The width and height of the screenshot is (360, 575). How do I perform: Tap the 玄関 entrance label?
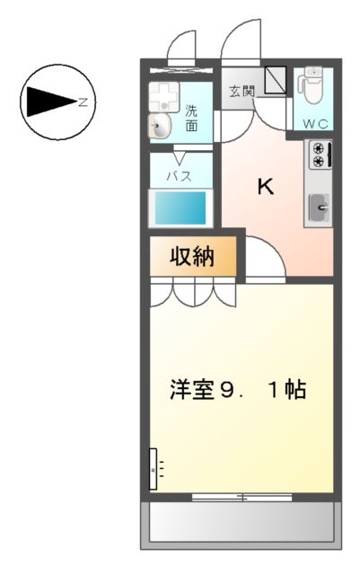(x=240, y=91)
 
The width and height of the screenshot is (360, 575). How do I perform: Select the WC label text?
(x=314, y=123)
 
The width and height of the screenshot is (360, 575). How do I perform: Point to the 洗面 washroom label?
(x=192, y=119)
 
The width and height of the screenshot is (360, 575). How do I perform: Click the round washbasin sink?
(x=161, y=126)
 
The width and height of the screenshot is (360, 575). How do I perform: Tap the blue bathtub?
(x=180, y=208)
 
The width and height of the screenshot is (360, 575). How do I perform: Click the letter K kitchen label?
(x=266, y=186)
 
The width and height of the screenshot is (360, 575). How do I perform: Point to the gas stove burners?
(x=319, y=155)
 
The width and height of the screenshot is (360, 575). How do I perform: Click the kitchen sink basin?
(x=320, y=209)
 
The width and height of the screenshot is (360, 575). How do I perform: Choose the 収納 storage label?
(x=193, y=257)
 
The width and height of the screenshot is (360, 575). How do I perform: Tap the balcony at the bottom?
(x=240, y=520)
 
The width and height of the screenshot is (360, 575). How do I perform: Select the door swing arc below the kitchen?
(x=265, y=260)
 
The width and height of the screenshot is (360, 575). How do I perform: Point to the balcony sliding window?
(x=241, y=496)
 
